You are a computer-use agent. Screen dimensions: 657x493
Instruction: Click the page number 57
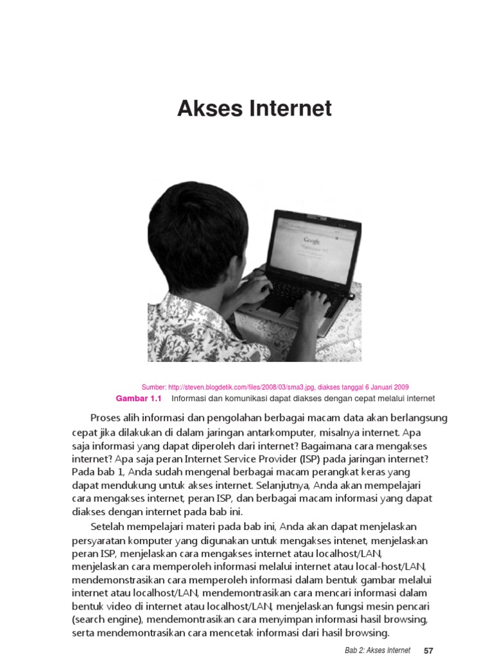tap(429, 650)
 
